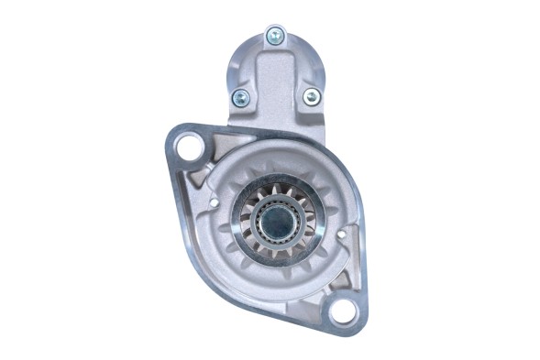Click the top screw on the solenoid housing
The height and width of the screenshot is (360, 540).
274,36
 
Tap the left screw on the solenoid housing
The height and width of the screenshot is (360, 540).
241,96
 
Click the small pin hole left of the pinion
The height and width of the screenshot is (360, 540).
214,201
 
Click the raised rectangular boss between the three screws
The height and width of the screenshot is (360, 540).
275,92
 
